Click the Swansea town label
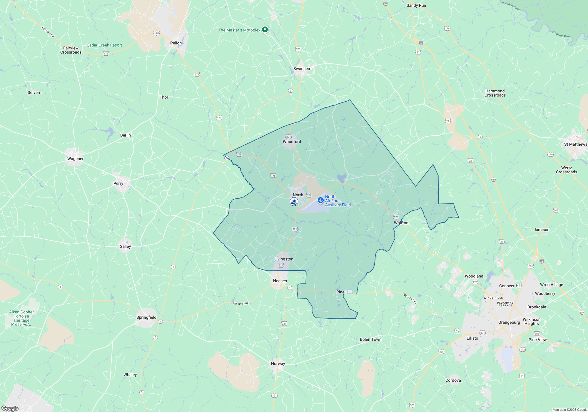click(x=302, y=69)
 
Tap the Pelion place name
click(x=176, y=43)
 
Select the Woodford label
click(x=292, y=142)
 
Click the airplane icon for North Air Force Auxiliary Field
click(x=320, y=200)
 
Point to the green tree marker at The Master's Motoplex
click(x=265, y=29)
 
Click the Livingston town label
click(x=284, y=259)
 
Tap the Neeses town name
click(x=280, y=281)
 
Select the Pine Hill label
click(x=344, y=292)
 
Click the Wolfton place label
click(x=401, y=223)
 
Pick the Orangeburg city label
click(x=509, y=322)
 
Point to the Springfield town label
click(x=146, y=317)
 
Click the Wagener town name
click(x=75, y=159)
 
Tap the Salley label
click(x=125, y=246)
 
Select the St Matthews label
click(x=575, y=144)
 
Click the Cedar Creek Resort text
click(x=104, y=45)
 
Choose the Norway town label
click(x=278, y=363)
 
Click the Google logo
click(x=10, y=408)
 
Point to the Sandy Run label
click(x=416, y=5)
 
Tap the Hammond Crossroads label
click(x=495, y=93)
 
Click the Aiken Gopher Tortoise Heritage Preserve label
click(x=21, y=318)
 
